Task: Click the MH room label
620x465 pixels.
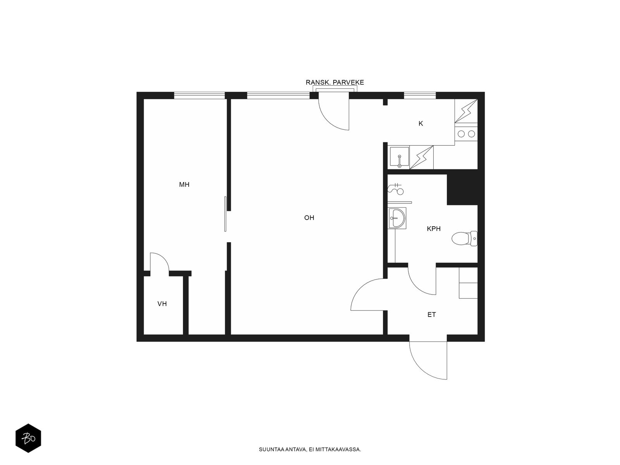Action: point(184,185)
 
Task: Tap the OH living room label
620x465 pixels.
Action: point(309,218)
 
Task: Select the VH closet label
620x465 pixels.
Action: point(162,304)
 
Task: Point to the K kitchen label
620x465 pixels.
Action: point(421,124)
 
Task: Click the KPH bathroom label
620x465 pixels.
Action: point(434,229)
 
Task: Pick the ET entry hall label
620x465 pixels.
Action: point(432,315)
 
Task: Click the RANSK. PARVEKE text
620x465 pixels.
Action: point(335,83)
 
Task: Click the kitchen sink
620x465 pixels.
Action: point(399,157)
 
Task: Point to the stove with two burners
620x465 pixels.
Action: point(466,134)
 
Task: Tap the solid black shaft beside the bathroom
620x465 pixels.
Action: point(462,189)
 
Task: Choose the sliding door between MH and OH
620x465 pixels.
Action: point(225,214)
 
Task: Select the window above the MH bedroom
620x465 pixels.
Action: point(199,95)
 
